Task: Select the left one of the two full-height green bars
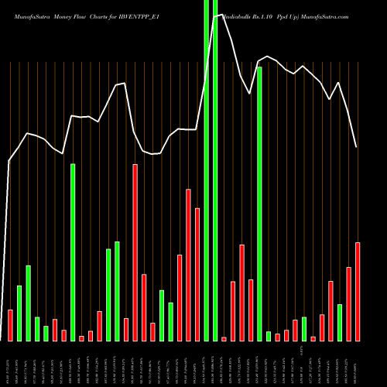pyautogui.click(x=206, y=170)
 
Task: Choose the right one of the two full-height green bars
pyautogui.click(x=215, y=170)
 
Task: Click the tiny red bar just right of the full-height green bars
pyautogui.click(x=224, y=339)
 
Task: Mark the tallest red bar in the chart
pyautogui.click(x=135, y=252)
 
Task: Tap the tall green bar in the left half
pyautogui.click(x=73, y=252)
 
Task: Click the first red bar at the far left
pyautogui.click(x=11, y=325)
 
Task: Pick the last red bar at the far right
pyautogui.click(x=358, y=292)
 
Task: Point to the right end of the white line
pyautogui.click(x=357, y=147)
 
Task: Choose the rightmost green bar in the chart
pyautogui.click(x=340, y=323)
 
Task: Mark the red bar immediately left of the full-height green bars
pyautogui.click(x=197, y=275)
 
